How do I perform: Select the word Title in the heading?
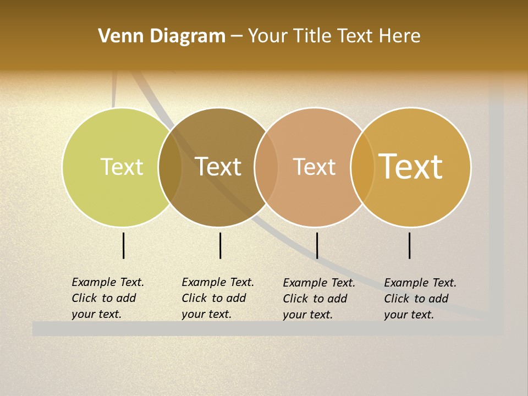click(312, 36)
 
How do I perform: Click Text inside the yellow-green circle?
click(122, 167)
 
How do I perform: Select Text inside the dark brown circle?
click(218, 167)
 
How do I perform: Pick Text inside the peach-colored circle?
click(314, 167)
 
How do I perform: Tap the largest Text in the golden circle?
click(411, 167)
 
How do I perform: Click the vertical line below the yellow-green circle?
click(124, 245)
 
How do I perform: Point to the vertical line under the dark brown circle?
click(220, 245)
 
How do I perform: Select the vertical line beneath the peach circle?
click(317, 245)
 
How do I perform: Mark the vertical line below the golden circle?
click(410, 245)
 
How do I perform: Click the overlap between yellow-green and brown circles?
click(170, 167)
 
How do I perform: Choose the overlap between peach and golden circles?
click(362, 167)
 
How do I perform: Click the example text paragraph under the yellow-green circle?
click(108, 298)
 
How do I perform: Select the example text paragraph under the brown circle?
click(218, 298)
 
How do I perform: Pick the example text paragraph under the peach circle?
click(319, 299)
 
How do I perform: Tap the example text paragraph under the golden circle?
click(420, 299)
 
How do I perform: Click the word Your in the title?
click(267, 36)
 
